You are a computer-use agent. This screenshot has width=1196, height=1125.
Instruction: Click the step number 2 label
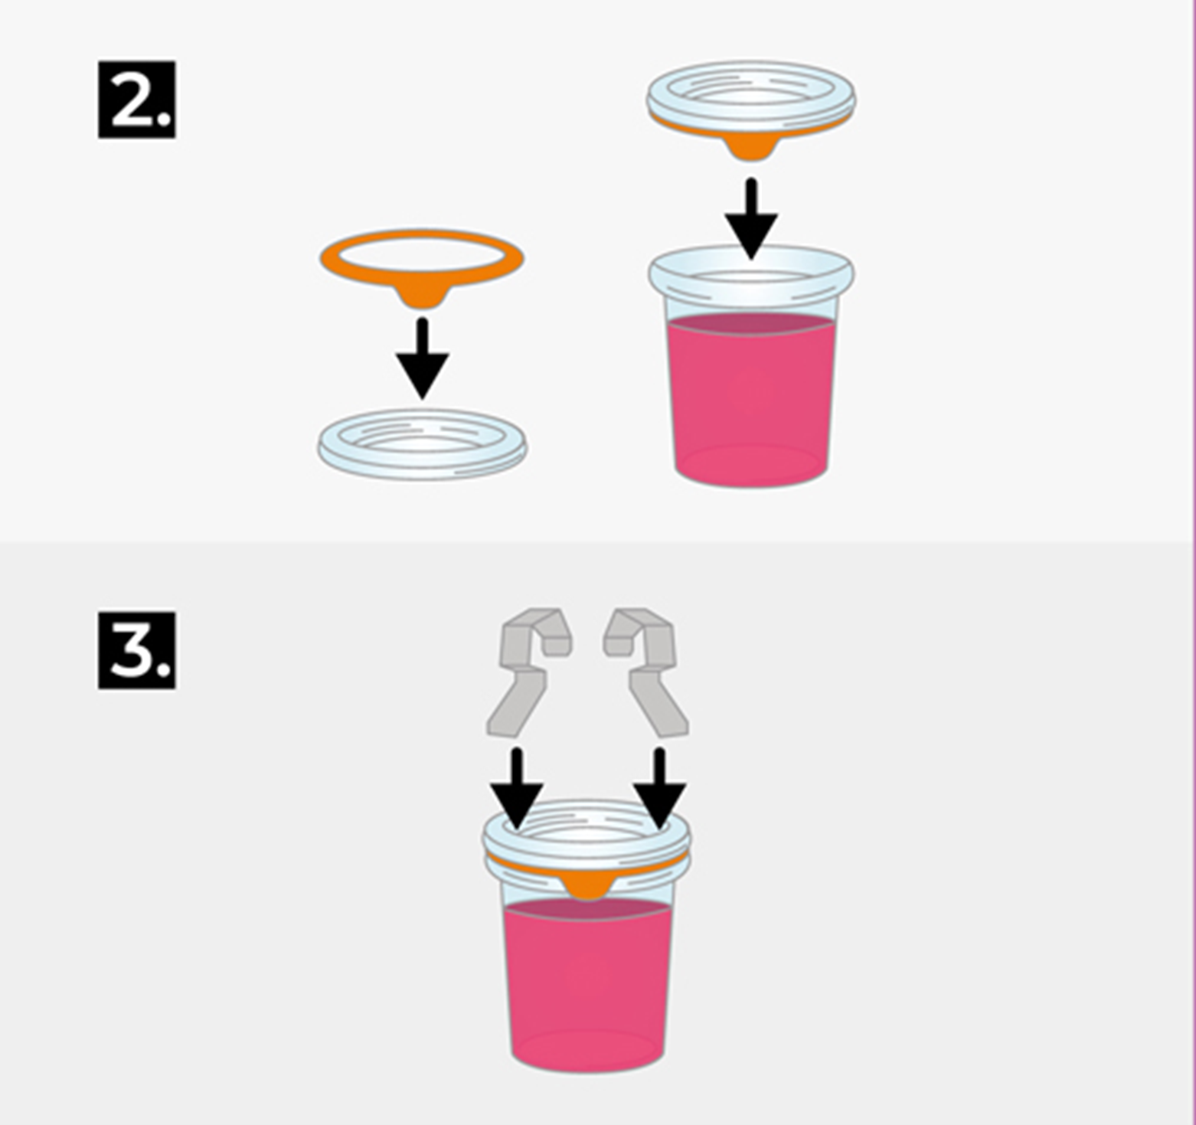136,100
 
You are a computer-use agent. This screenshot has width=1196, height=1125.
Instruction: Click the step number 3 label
136,650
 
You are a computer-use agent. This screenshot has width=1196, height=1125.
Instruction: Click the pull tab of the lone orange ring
422,296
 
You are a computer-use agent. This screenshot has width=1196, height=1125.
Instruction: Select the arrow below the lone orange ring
422,358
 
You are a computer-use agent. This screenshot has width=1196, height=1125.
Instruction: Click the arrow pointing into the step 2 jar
751,220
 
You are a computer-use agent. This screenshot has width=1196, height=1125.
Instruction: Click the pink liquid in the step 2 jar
751,398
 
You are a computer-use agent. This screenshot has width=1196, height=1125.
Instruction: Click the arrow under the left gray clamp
517,789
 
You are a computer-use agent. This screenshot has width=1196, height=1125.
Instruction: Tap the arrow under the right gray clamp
659,789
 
